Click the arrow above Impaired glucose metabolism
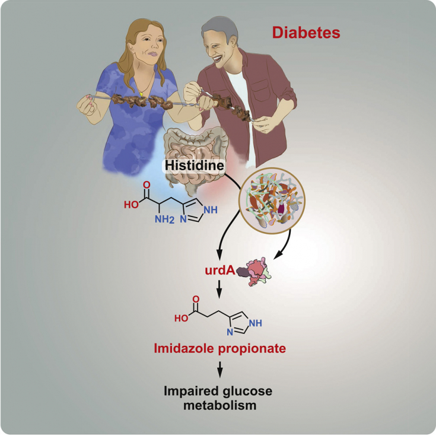220,371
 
